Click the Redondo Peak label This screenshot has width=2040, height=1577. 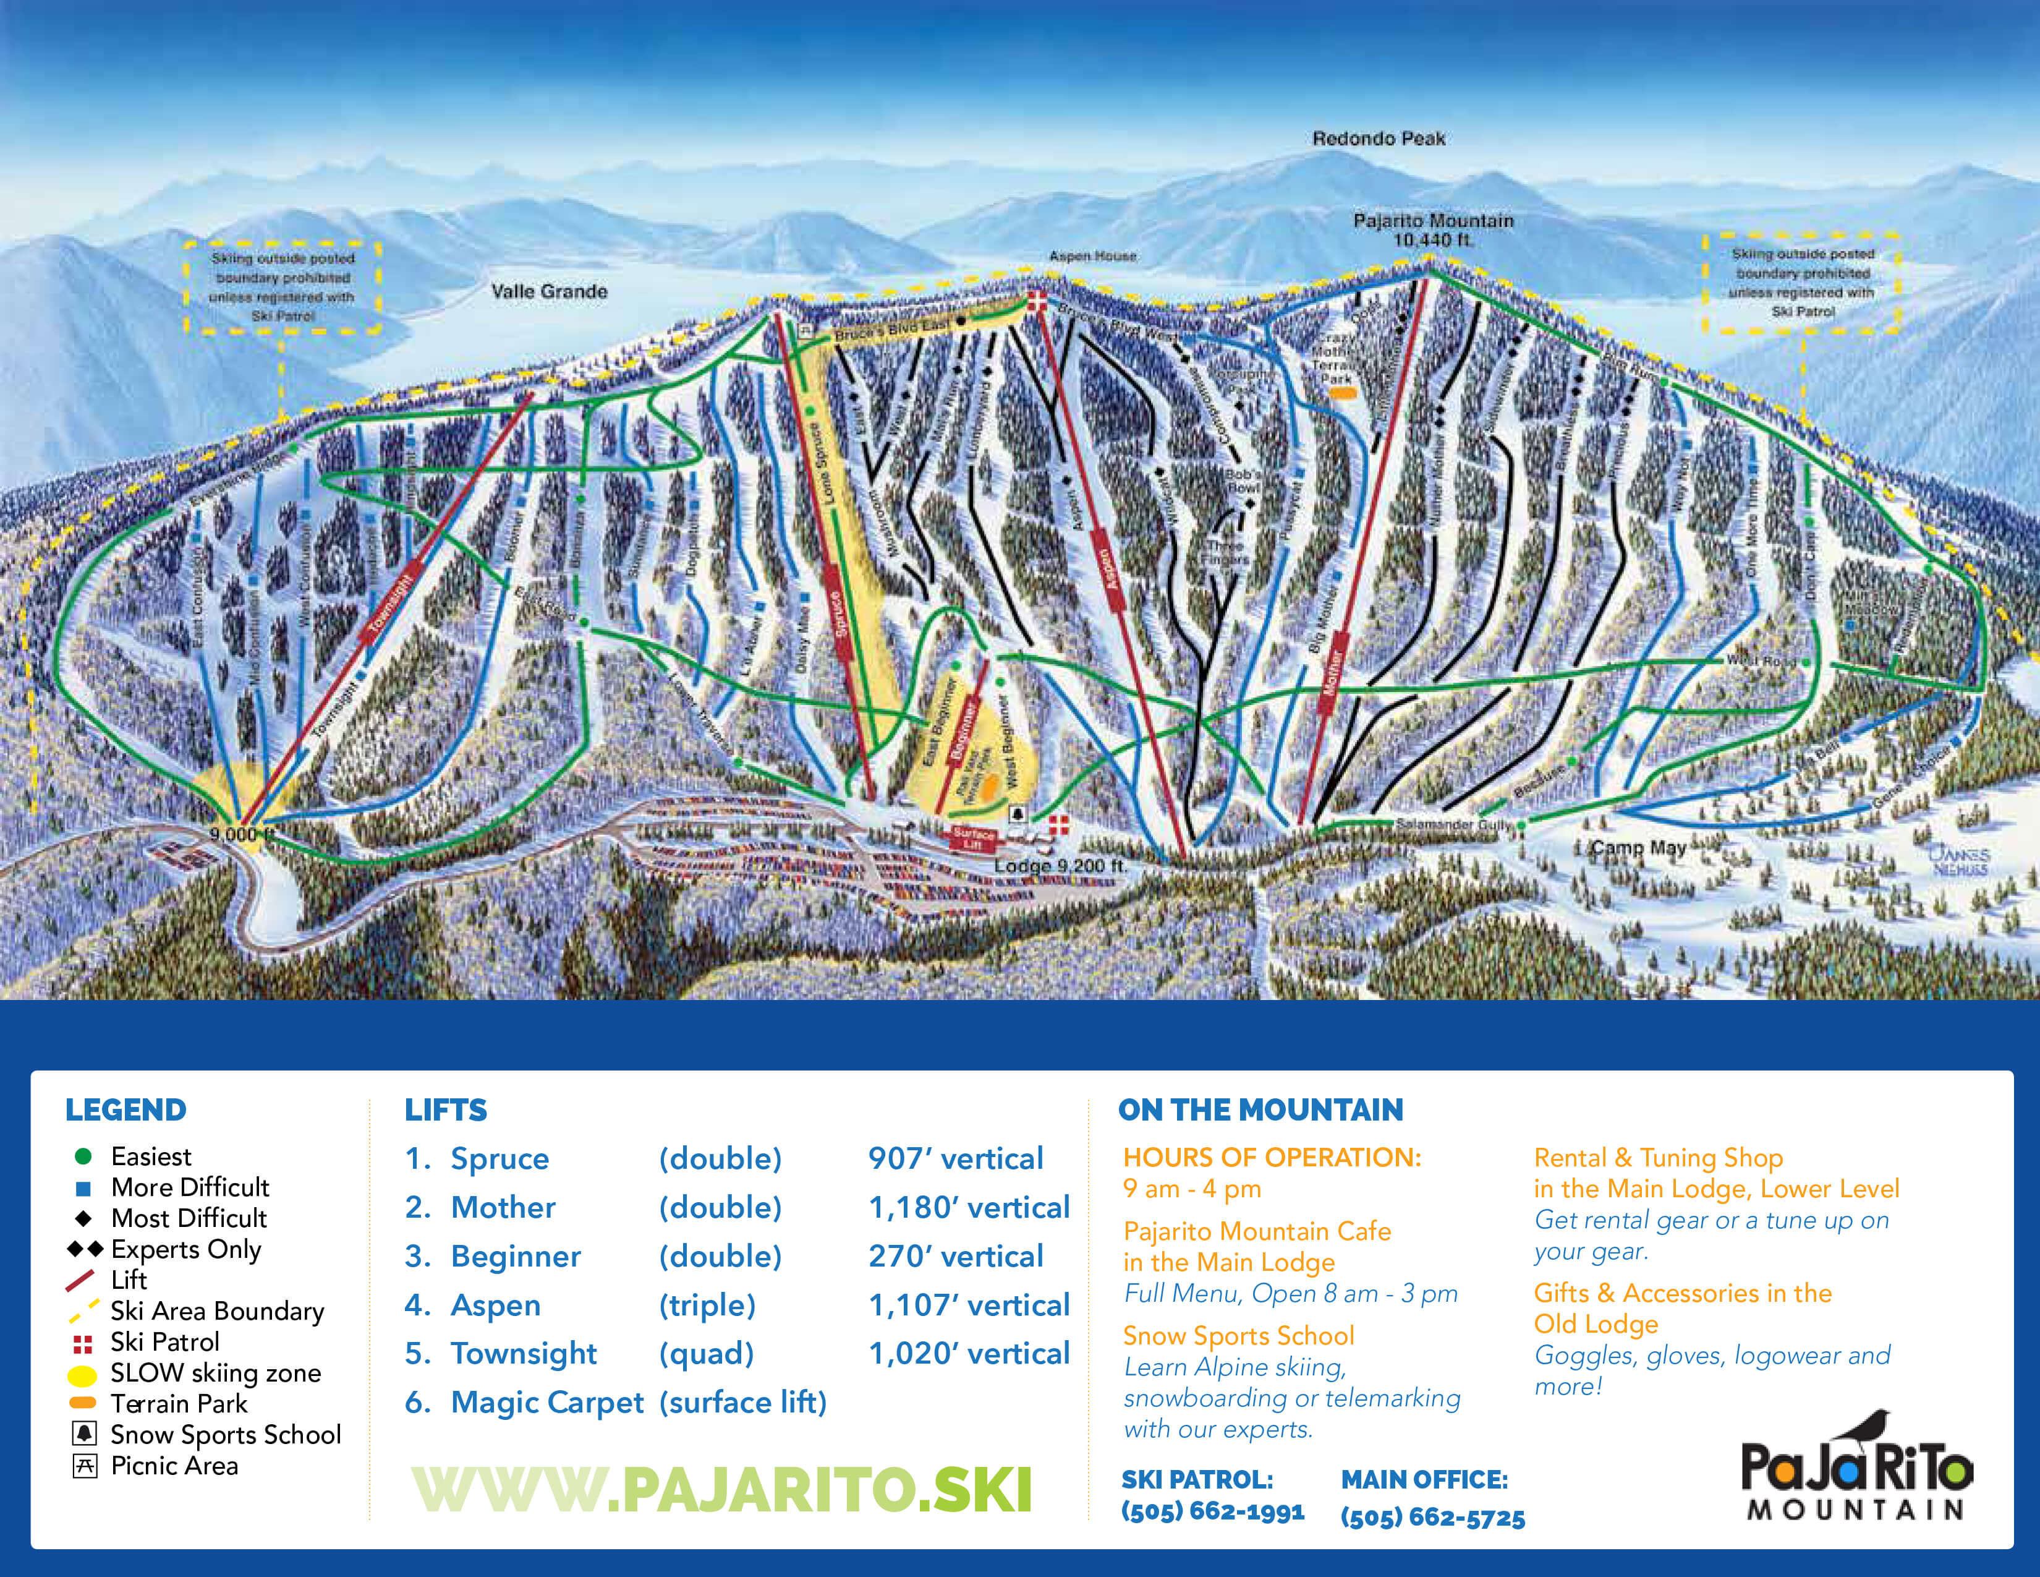click(1379, 139)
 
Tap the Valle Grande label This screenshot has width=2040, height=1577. click(549, 291)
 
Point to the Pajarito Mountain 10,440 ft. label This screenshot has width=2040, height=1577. click(1433, 230)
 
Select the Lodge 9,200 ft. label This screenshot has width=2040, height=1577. click(1060, 866)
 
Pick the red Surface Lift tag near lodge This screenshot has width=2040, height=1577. click(973, 838)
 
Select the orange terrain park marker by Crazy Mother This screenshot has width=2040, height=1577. click(1341, 395)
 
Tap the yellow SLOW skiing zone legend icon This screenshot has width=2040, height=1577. click(82, 1374)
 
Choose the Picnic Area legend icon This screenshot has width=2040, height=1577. click(84, 1466)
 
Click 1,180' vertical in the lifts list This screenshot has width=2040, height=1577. click(969, 1207)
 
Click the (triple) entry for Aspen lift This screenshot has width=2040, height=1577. click(707, 1304)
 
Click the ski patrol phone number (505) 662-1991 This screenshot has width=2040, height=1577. click(1212, 1511)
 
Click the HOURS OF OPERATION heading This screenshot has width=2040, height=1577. click(1271, 1158)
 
